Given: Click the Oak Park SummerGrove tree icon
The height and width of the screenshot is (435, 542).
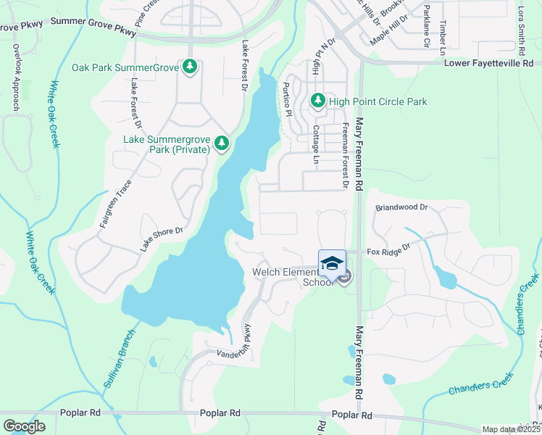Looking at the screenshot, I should tap(190, 67).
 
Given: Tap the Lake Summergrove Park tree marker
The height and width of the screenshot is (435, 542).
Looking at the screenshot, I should tap(221, 143).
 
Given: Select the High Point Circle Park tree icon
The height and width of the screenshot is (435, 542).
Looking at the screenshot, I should tap(317, 101).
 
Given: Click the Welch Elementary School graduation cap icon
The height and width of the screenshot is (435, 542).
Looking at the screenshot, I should tap(332, 263).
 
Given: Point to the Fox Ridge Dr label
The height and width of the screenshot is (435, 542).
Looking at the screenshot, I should tap(388, 252).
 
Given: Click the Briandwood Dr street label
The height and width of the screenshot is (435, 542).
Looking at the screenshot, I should tap(401, 207).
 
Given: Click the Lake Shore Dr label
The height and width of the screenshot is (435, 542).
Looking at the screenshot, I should tap(161, 239).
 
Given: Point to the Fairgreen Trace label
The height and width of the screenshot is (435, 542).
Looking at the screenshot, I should tap(115, 205).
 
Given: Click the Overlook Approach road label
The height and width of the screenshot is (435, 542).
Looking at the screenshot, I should tap(15, 77).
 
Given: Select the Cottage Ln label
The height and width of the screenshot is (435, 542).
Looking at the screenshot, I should tap(316, 144).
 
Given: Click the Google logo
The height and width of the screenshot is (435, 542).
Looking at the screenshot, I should tap(24, 426).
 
